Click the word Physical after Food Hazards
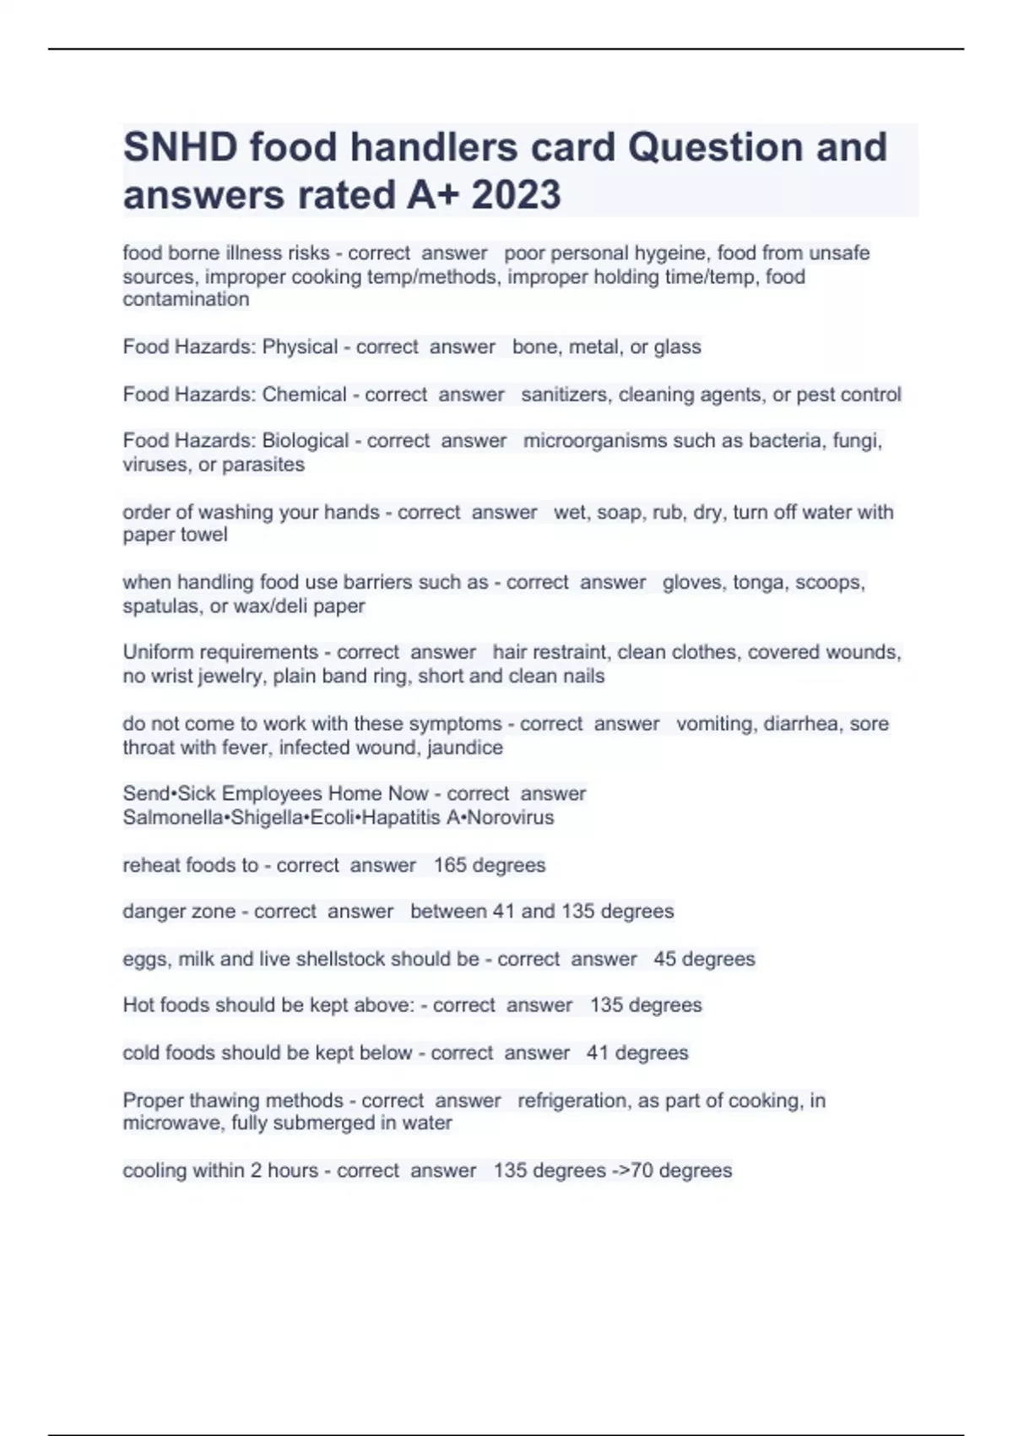point(300,347)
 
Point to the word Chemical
point(304,394)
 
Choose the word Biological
point(306,441)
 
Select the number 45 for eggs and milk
point(664,959)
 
